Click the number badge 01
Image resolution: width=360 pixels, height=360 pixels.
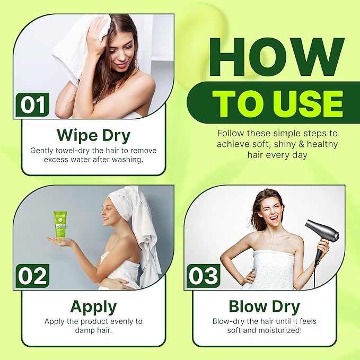coord(32,104)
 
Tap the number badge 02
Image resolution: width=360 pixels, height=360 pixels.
coord(32,276)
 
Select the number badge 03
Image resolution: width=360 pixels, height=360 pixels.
coord(204,276)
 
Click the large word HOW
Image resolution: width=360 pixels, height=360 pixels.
coord(277,57)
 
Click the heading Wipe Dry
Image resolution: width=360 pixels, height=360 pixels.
coord(93,135)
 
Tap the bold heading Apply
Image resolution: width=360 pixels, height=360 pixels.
coord(93,307)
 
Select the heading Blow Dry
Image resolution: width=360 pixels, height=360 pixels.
coord(265,306)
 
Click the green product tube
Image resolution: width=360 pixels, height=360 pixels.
coord(59,226)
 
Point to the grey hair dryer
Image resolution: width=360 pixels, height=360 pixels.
coord(321,239)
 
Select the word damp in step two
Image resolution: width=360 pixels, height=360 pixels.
coord(85,330)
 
